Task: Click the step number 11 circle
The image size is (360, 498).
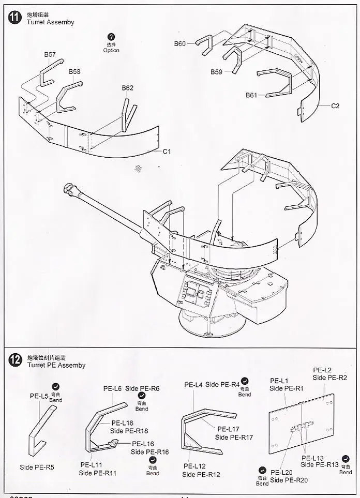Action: [x=14, y=17]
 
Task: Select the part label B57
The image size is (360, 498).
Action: [x=50, y=54]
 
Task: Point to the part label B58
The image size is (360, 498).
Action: [x=74, y=72]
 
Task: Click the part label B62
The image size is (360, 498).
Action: [x=127, y=88]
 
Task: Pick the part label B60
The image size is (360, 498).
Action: [x=179, y=44]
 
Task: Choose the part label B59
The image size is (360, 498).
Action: [x=216, y=72]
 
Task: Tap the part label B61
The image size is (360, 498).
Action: [x=251, y=95]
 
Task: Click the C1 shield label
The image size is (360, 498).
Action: [x=167, y=152]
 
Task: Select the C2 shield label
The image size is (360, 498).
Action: [x=335, y=106]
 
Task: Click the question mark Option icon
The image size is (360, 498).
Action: [x=111, y=37]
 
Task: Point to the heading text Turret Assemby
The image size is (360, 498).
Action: [x=50, y=22]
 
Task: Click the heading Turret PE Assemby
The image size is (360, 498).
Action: [x=56, y=365]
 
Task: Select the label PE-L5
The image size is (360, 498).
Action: [x=39, y=396]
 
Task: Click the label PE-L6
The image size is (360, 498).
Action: [x=112, y=388]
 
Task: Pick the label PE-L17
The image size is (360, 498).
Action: [x=228, y=429]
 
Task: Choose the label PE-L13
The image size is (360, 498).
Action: [x=313, y=458]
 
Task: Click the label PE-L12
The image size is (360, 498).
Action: [x=195, y=466]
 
